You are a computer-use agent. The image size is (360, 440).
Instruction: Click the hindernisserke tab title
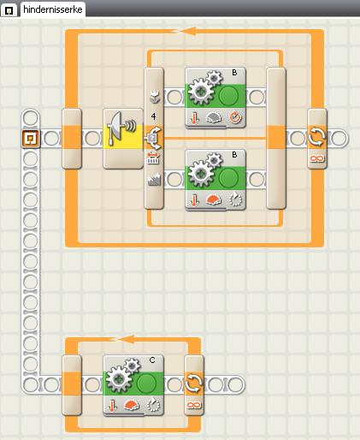(x=53, y=9)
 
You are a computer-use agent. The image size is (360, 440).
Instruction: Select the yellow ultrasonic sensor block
(x=123, y=139)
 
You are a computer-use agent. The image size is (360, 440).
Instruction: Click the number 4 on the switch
(x=154, y=116)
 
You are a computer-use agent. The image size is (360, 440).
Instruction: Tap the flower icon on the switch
(x=155, y=97)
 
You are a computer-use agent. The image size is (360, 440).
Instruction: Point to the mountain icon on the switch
(x=154, y=180)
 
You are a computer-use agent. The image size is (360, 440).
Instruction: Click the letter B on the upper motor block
(x=234, y=73)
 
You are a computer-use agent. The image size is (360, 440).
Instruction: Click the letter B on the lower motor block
(x=234, y=155)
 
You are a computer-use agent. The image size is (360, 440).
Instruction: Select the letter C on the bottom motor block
(x=152, y=360)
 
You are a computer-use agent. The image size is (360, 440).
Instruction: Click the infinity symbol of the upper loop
(x=317, y=158)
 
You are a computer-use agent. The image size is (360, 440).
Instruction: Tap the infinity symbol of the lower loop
(x=194, y=405)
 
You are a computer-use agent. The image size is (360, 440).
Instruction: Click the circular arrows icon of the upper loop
(x=317, y=137)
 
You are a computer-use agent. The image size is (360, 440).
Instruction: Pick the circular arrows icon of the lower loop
(x=194, y=384)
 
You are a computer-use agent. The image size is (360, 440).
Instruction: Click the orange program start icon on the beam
(x=30, y=139)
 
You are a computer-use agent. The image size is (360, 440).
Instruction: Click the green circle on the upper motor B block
(x=229, y=96)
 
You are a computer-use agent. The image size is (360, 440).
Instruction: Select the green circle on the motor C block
(x=146, y=384)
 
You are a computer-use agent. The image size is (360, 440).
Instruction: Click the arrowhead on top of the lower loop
(x=127, y=339)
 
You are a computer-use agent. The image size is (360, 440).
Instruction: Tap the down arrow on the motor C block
(x=112, y=405)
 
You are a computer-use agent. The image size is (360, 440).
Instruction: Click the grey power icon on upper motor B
(x=214, y=117)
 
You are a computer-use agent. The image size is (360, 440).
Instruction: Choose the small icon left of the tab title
(x=9, y=10)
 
